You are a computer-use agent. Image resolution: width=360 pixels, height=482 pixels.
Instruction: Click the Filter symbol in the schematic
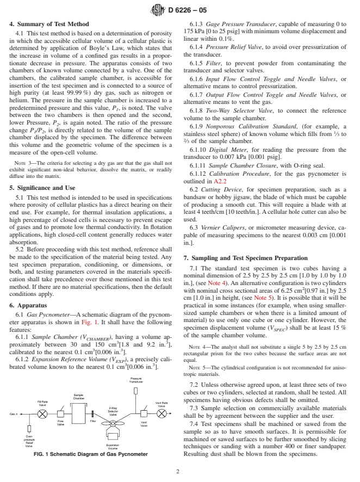(x=94, y=413)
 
